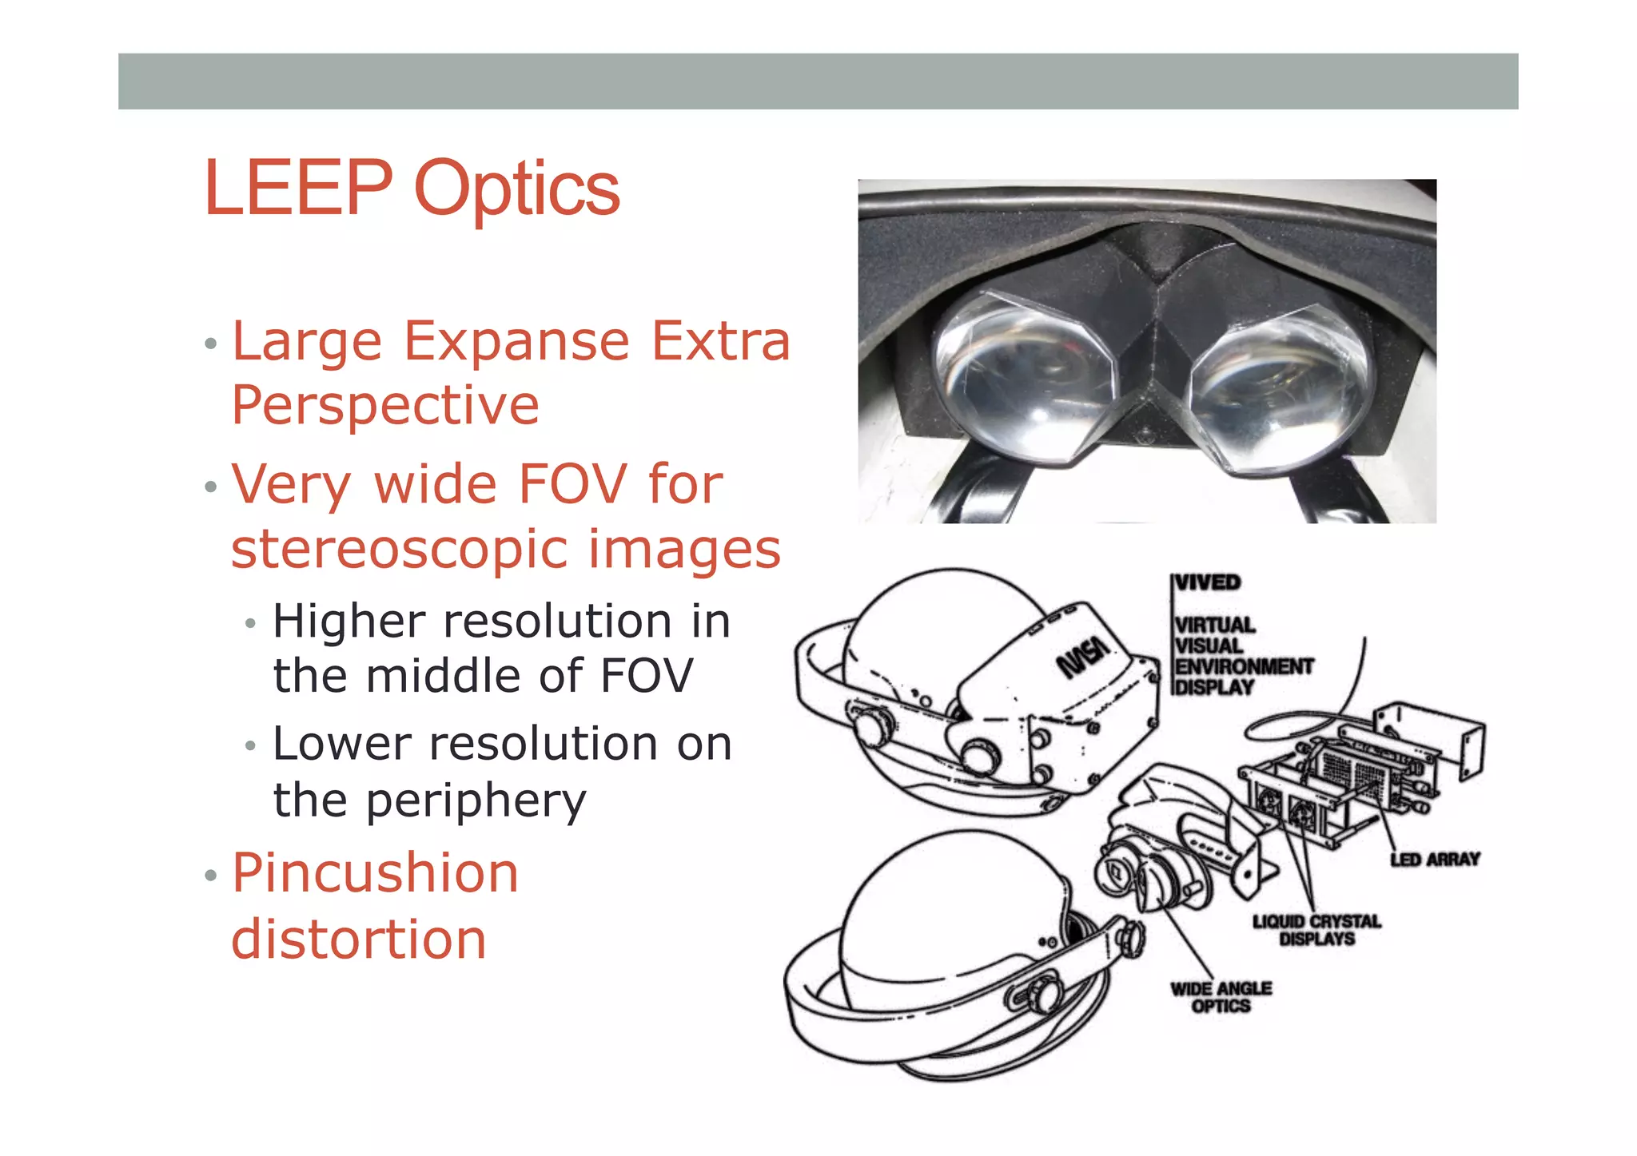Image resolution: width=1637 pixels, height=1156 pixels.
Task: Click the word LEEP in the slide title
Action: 298,189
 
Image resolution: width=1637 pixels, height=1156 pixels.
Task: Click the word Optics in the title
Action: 517,190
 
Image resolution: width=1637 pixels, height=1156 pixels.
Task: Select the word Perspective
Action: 385,406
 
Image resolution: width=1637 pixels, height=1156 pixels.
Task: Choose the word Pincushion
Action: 375,872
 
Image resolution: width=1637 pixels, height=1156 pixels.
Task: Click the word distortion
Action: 359,939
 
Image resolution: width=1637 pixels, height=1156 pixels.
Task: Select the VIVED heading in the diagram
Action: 1208,582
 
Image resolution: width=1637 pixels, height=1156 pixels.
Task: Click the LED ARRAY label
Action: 1435,860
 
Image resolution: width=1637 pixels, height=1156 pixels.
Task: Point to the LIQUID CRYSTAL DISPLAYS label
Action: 1316,930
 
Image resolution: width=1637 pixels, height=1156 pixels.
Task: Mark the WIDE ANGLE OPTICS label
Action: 1221,997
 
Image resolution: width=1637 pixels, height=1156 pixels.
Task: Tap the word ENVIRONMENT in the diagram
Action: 1244,666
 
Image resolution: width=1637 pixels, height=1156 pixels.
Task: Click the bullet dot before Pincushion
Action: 211,876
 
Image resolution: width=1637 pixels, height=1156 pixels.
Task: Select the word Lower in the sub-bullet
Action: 341,745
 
